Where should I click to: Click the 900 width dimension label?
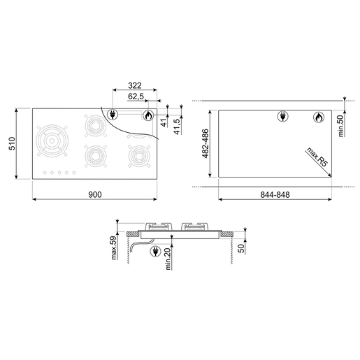[95, 194]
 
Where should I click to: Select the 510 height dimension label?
[12, 143]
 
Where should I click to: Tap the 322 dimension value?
[135, 85]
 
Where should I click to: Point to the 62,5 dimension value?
[136, 96]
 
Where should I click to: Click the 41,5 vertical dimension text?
[178, 127]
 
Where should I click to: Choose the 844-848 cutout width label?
[275, 194]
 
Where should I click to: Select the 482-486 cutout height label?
[206, 143]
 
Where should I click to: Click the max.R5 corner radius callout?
[317, 157]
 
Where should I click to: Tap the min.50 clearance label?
[340, 126]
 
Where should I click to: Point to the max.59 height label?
[113, 247]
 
